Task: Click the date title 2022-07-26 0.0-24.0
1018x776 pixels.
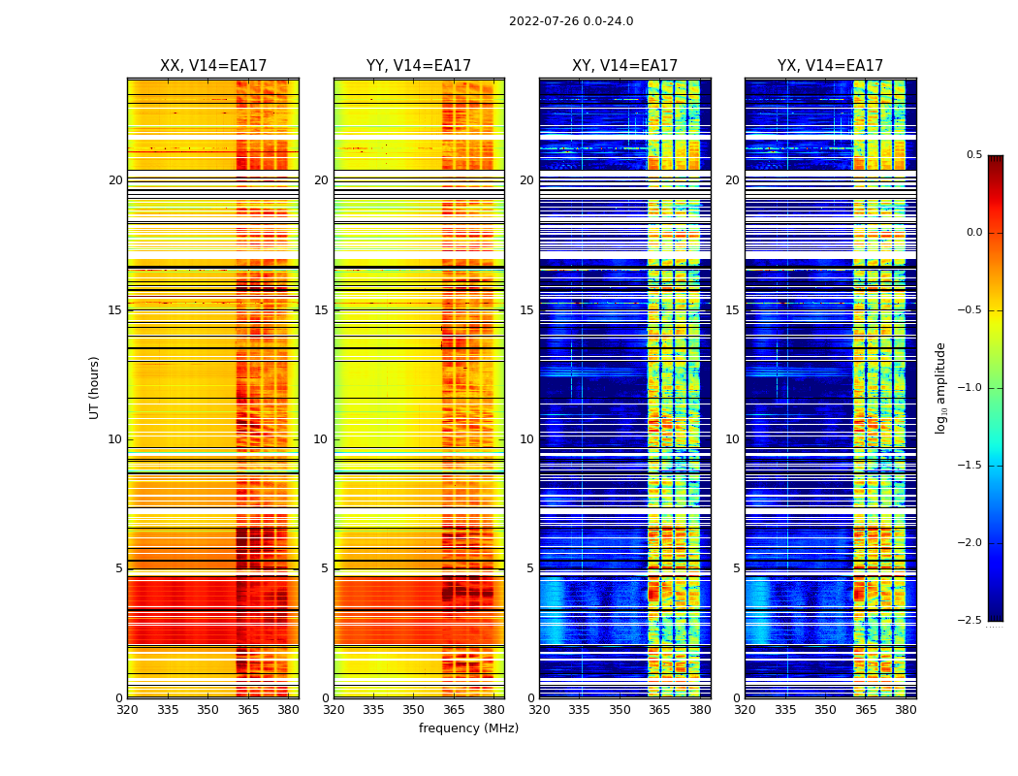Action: point(570,21)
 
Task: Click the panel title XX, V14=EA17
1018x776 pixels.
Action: point(213,66)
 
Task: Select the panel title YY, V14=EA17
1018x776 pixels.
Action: point(419,66)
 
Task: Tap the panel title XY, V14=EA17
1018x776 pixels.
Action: point(624,66)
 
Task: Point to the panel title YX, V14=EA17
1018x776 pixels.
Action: point(830,66)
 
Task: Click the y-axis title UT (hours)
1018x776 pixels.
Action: point(94,387)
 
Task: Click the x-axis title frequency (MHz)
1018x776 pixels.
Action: point(468,728)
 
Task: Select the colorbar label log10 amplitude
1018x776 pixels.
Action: point(939,387)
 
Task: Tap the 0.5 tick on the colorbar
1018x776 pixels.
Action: point(973,155)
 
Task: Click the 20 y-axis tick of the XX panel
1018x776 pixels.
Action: point(115,180)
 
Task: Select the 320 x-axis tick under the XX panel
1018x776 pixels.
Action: point(127,710)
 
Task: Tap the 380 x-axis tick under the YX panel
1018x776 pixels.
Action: point(906,710)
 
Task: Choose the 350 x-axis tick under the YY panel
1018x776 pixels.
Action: point(414,710)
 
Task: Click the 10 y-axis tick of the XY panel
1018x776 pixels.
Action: point(526,439)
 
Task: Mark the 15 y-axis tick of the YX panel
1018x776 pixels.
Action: point(732,310)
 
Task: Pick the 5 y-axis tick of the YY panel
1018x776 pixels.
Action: point(325,568)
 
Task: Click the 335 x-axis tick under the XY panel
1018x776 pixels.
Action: point(580,710)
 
